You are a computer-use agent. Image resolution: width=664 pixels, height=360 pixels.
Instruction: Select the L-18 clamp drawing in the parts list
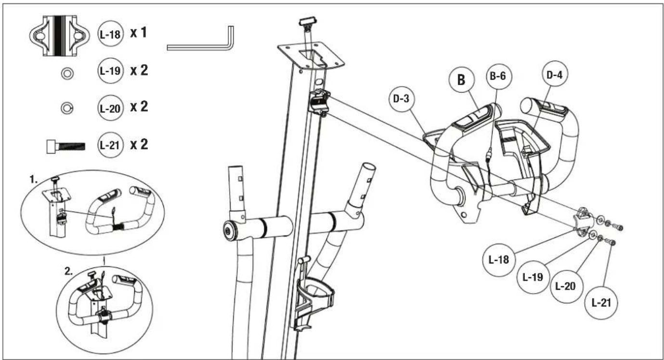tap(59, 36)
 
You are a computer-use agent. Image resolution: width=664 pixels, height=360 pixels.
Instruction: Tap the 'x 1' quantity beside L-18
tap(138, 32)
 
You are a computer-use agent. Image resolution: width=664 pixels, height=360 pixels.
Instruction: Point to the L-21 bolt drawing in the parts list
tap(66, 146)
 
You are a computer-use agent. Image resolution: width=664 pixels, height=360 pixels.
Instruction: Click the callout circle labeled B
tap(461, 80)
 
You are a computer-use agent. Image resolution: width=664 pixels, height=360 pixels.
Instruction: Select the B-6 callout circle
tap(498, 77)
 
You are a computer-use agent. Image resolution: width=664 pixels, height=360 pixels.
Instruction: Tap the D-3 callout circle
tap(402, 99)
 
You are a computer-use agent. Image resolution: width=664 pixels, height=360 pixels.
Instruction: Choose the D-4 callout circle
tap(555, 75)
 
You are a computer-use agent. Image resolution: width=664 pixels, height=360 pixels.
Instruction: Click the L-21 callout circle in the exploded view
tap(601, 303)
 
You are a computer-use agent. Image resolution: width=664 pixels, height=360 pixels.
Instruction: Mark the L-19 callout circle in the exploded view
tap(533, 277)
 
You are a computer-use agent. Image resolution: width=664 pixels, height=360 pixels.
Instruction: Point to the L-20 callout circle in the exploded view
tap(566, 286)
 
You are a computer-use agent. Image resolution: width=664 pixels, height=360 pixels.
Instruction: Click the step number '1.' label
tap(34, 179)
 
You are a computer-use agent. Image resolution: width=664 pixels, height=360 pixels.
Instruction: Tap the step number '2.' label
tap(68, 271)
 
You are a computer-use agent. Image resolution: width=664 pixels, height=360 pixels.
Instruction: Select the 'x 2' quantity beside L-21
tap(139, 144)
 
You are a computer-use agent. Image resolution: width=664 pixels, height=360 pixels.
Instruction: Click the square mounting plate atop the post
tap(311, 56)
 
